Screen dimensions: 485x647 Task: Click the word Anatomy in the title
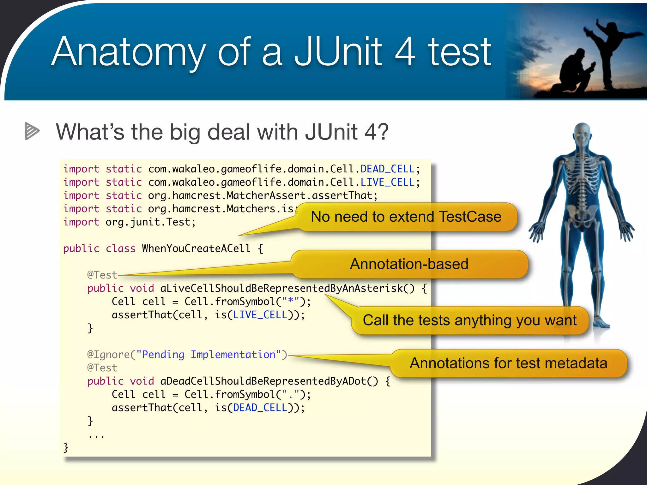click(x=128, y=52)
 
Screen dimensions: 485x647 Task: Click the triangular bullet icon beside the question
click(x=32, y=131)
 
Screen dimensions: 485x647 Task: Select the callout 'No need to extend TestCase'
click(x=406, y=217)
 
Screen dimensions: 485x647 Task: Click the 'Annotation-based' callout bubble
click(x=409, y=264)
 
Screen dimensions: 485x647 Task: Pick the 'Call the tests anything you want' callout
click(x=469, y=320)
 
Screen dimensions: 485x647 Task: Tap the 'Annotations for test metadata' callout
click(x=508, y=363)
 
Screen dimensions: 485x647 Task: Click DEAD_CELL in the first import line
click(x=387, y=169)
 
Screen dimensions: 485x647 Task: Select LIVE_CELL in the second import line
click(x=387, y=182)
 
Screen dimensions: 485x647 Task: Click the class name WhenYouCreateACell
click(x=196, y=248)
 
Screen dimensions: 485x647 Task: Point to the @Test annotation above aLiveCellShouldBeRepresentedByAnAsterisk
click(x=102, y=275)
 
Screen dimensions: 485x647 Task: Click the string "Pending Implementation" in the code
click(x=209, y=355)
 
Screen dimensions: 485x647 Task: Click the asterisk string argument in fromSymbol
click(x=290, y=302)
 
